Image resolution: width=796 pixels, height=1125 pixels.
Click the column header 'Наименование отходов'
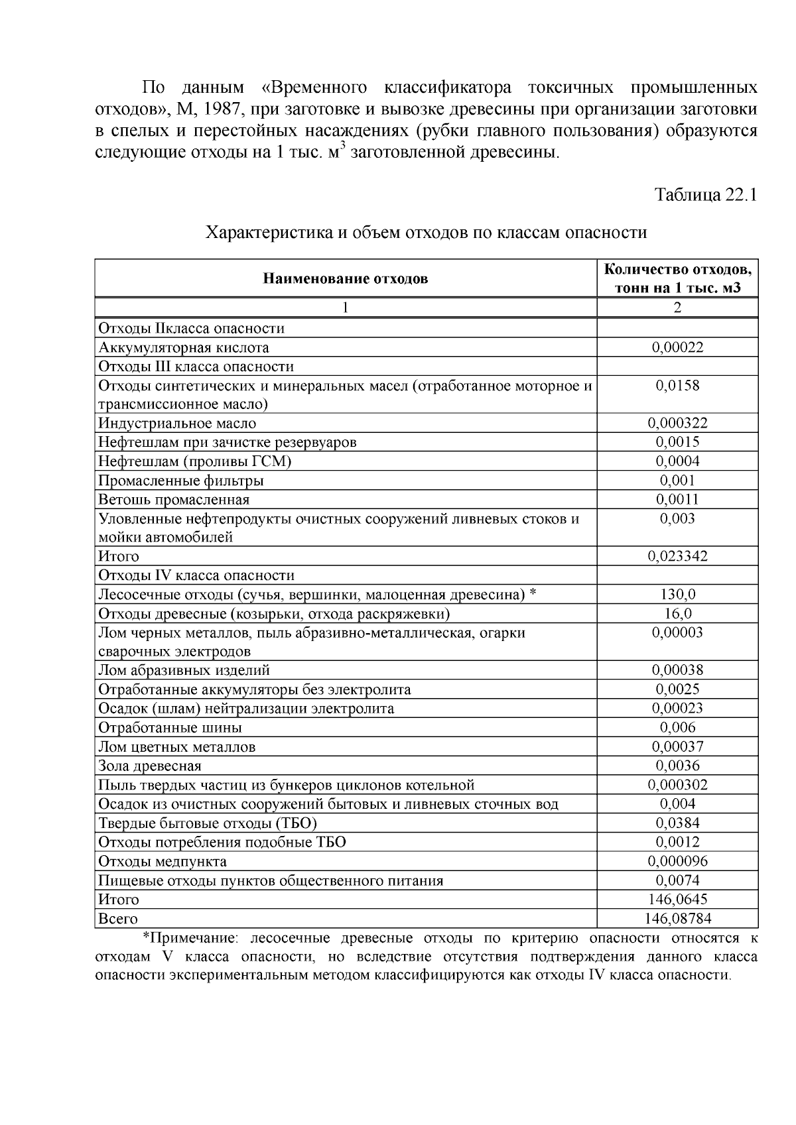click(346, 278)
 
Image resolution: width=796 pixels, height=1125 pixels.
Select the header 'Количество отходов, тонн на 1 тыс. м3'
click(677, 278)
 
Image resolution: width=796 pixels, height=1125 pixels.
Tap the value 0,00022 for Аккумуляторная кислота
click(677, 347)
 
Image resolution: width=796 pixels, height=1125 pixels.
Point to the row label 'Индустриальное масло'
click(177, 423)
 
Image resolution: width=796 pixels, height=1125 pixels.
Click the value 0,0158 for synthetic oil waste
click(677, 386)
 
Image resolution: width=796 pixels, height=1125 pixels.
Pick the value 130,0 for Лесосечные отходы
click(677, 595)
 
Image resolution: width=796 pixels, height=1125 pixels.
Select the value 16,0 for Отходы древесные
click(677, 614)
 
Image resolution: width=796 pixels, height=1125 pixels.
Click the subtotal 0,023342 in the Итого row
click(677, 556)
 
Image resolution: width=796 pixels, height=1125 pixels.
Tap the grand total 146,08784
click(677, 919)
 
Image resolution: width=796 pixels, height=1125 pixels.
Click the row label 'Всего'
click(118, 919)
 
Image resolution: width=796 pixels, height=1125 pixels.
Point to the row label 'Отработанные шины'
click(170, 728)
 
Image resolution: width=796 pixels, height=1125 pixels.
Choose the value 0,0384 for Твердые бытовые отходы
click(677, 823)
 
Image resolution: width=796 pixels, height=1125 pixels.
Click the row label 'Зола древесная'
click(149, 766)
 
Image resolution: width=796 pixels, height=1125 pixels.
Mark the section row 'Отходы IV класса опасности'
click(196, 575)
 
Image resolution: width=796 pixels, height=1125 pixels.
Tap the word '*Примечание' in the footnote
click(185, 938)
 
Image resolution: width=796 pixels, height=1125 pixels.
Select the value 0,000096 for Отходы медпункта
click(677, 862)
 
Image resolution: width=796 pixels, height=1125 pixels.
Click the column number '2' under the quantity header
click(677, 308)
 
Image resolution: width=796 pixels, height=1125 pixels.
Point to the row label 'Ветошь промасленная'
click(174, 499)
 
